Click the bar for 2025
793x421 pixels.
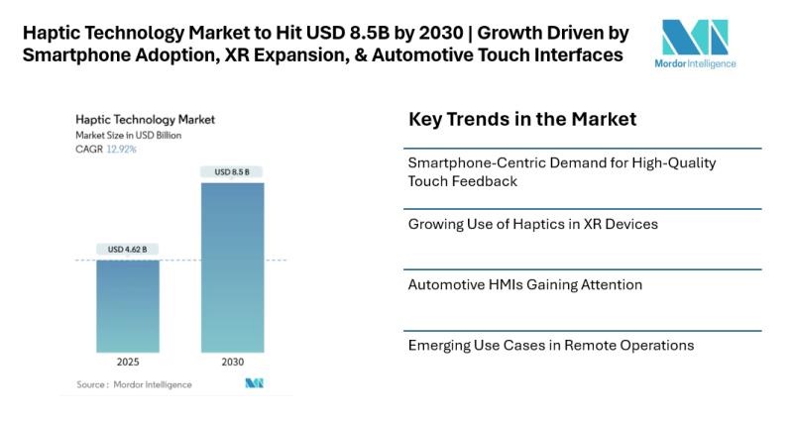(x=127, y=305)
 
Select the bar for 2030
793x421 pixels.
(x=232, y=267)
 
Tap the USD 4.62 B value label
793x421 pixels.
(x=127, y=249)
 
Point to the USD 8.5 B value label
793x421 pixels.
(x=232, y=172)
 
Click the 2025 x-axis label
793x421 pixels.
(x=127, y=363)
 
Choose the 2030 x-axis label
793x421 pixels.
(x=232, y=363)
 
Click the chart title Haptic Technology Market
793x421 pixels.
(x=145, y=120)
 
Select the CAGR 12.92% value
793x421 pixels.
(x=121, y=149)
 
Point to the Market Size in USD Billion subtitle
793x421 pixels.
(x=128, y=135)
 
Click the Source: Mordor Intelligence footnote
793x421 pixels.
(x=134, y=383)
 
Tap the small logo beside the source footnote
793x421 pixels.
(x=255, y=383)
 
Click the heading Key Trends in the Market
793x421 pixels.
(x=521, y=120)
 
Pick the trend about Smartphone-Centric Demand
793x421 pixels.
(x=561, y=171)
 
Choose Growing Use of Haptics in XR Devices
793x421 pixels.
(x=532, y=224)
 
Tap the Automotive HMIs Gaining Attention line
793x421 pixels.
(x=524, y=284)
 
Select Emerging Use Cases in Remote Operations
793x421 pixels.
(x=550, y=345)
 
